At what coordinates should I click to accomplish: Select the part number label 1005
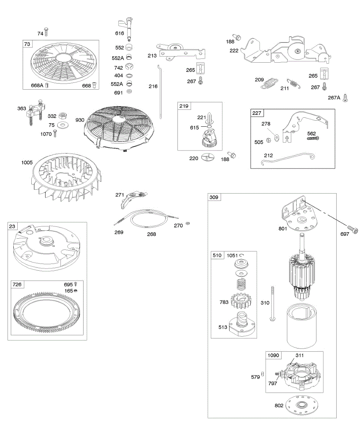(27, 163)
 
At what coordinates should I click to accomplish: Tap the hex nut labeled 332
(62, 116)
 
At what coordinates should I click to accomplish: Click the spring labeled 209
(269, 84)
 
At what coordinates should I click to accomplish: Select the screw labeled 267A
(345, 96)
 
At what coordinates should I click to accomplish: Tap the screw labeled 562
(313, 138)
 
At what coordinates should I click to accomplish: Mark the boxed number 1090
(273, 355)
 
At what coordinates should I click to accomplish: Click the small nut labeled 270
(187, 224)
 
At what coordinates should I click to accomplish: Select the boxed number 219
(184, 106)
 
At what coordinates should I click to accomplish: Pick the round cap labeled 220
(208, 157)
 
